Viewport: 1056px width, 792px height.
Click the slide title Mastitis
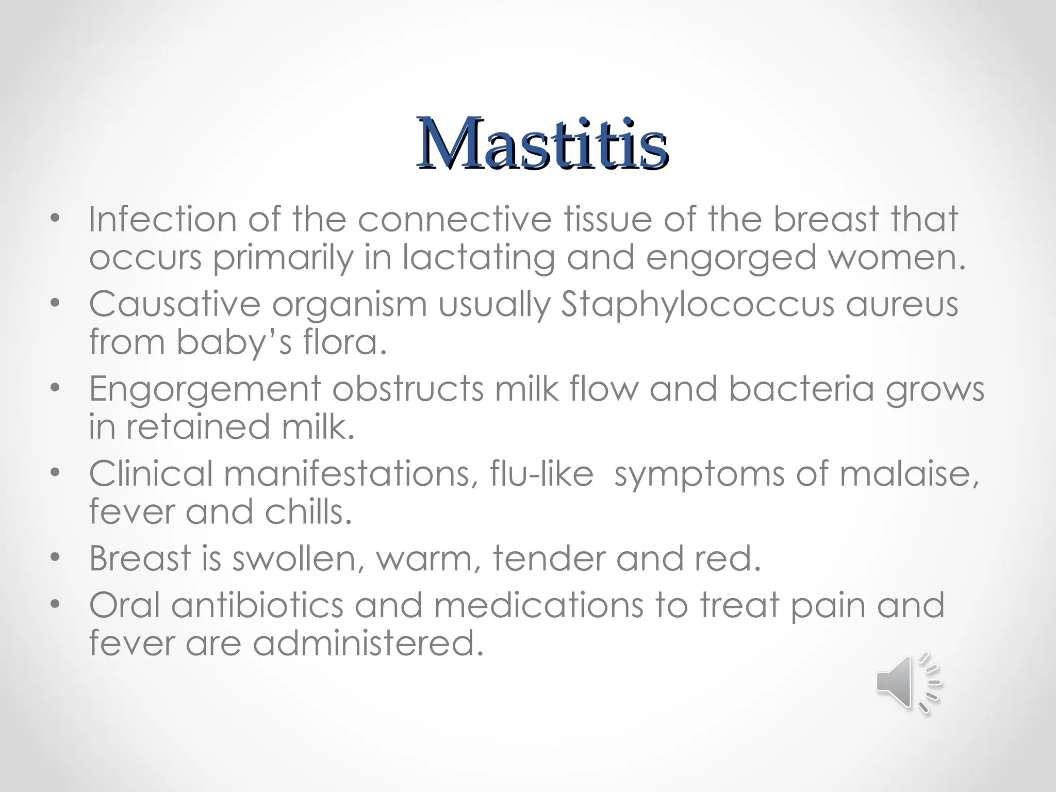click(x=542, y=144)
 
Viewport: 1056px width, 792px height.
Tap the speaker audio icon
click(x=907, y=683)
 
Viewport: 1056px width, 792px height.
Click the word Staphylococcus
click(x=697, y=305)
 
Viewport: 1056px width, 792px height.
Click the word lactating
click(x=478, y=257)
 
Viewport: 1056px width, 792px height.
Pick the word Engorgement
click(x=205, y=389)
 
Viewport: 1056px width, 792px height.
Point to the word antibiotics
click(x=257, y=605)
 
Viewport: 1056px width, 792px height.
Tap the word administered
click(x=369, y=644)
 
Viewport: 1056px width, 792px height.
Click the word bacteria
click(x=801, y=389)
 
